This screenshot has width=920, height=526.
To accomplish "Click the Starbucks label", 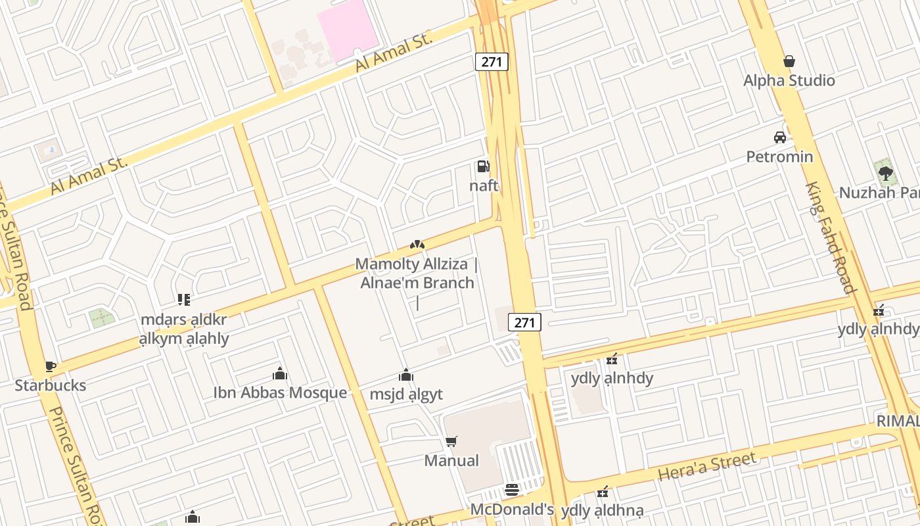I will [51, 385].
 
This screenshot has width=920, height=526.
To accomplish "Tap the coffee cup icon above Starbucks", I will [51, 366].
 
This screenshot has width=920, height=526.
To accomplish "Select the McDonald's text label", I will [512, 510].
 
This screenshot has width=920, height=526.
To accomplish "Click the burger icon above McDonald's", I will [512, 490].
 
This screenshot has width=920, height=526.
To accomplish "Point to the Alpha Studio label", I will [789, 81].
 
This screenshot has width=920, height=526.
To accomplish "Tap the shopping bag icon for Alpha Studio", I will [789, 61].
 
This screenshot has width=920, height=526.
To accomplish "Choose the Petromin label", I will [779, 156].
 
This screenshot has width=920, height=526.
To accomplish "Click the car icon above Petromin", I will [780, 137].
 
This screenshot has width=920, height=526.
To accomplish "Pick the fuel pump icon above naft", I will [484, 166].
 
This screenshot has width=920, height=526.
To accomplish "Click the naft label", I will [484, 185].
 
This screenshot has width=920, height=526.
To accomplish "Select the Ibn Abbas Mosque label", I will [280, 393].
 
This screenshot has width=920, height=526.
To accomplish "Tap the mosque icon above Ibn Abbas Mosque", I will [280, 373].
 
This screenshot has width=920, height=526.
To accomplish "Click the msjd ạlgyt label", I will [406, 394].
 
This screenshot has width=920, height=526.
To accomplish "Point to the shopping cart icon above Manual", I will [451, 441].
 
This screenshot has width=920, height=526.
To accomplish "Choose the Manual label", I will [451, 460].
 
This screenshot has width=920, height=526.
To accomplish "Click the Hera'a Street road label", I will [707, 466].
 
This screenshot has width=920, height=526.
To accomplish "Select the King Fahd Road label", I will [831, 237].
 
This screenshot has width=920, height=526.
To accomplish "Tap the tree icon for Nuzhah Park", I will [886, 174].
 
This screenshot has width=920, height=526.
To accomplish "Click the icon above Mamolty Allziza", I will [417, 245].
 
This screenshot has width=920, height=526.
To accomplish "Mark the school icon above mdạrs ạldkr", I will [184, 300].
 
